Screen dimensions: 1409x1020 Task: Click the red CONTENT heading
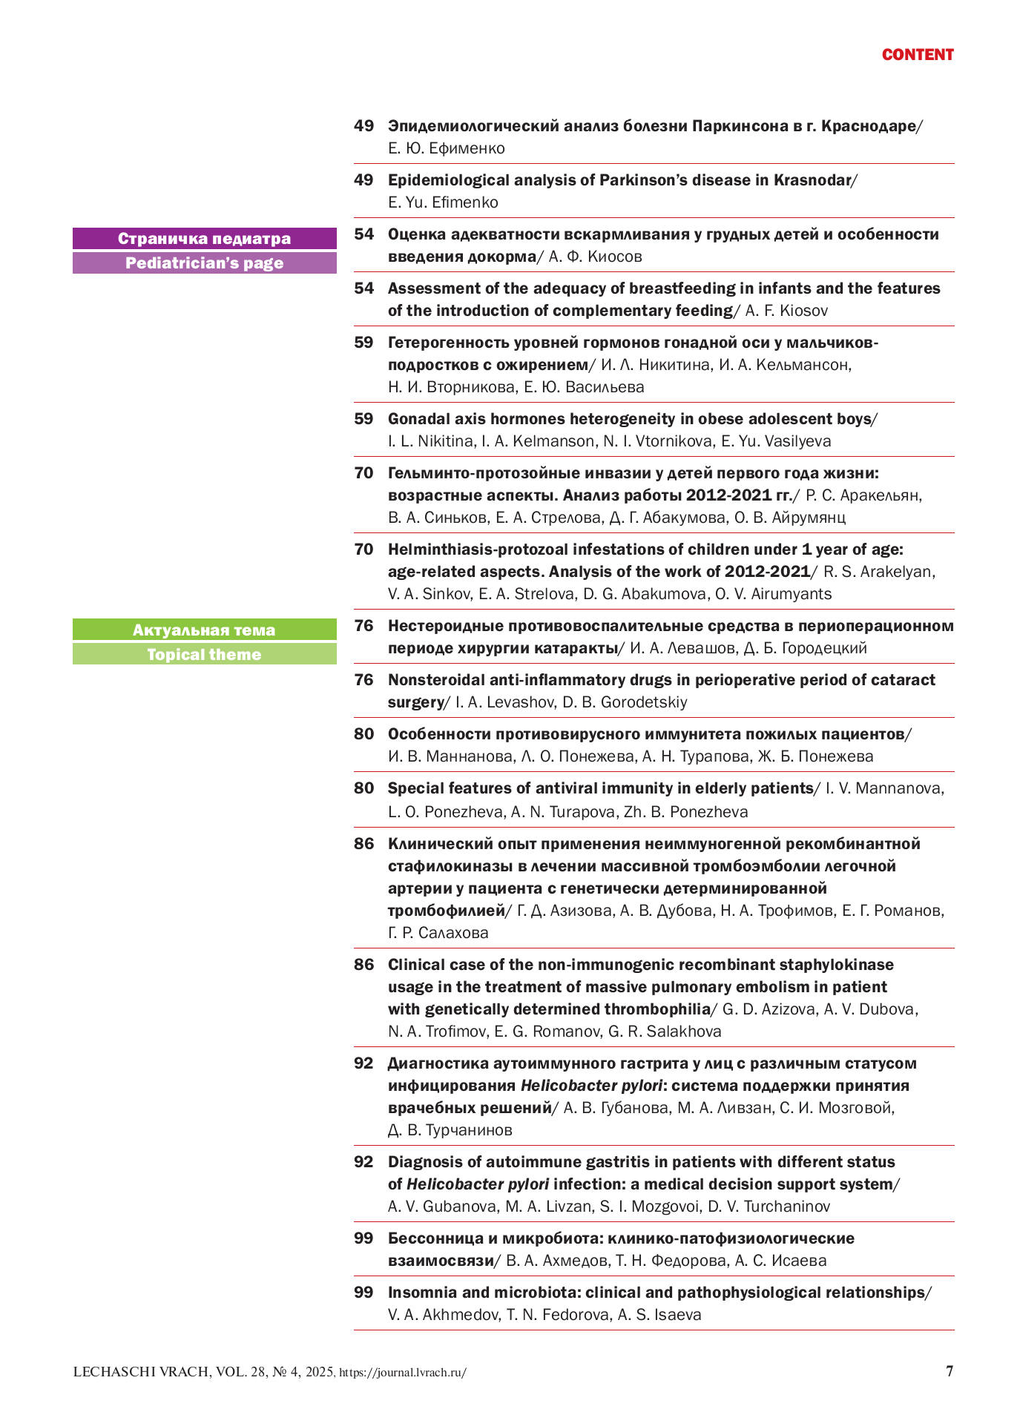click(917, 55)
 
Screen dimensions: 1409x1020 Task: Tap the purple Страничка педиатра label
click(204, 239)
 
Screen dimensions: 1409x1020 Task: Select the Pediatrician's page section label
click(204, 263)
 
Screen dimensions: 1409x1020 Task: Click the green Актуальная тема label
click(204, 630)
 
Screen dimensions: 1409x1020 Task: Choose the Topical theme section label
click(204, 655)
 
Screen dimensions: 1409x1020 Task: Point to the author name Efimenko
click(464, 202)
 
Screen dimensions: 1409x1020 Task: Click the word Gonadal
click(418, 419)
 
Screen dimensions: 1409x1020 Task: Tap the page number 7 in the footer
click(950, 1370)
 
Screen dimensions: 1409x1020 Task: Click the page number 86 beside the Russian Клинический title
click(363, 844)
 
